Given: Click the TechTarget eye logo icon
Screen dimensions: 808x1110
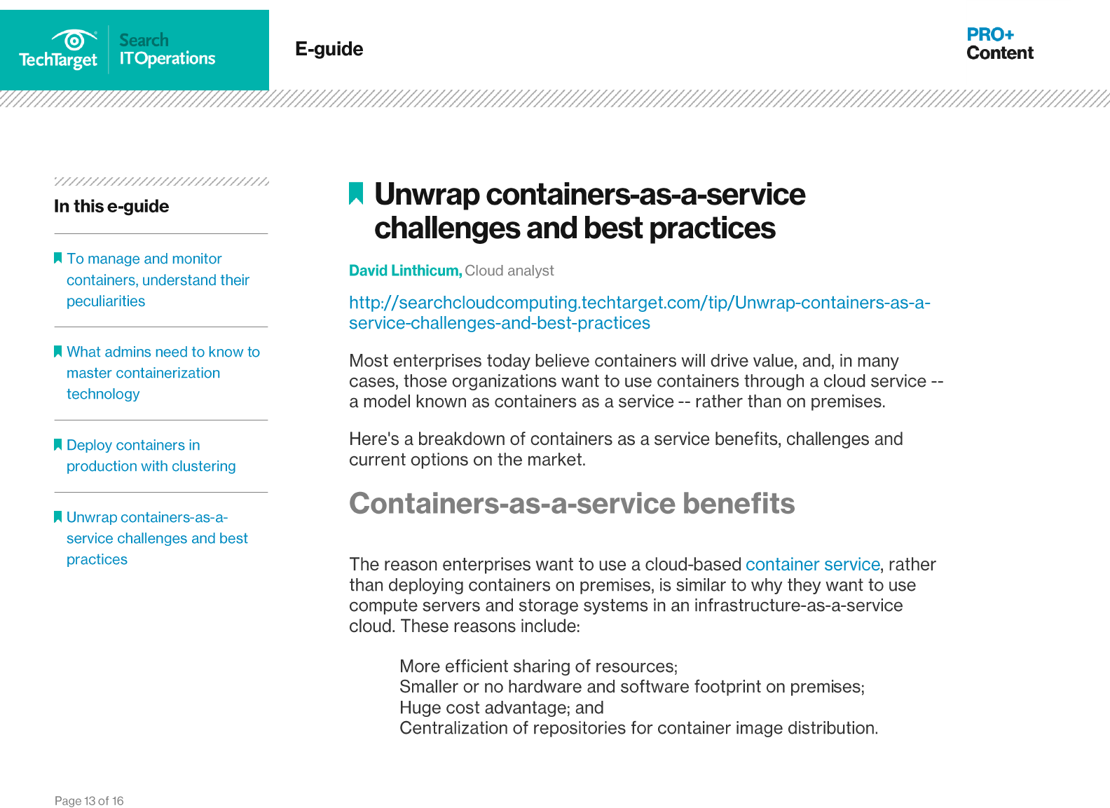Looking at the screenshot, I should (x=74, y=40).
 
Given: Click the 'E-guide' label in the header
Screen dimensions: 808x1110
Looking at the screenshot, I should (x=329, y=49).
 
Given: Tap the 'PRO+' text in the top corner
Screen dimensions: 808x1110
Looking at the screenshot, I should (x=989, y=34).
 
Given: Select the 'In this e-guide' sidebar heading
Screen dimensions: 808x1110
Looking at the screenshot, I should (x=111, y=206).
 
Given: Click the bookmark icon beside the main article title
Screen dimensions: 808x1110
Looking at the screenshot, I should (x=356, y=193).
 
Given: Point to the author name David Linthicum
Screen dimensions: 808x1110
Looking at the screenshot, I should (x=405, y=271).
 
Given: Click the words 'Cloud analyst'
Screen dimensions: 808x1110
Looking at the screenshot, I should (x=509, y=271).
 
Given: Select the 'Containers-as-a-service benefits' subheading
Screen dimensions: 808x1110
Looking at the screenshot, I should (x=572, y=503).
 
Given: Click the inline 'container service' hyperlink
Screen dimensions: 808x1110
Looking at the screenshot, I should (x=812, y=564).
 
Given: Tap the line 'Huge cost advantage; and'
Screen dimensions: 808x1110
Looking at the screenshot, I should (x=501, y=708).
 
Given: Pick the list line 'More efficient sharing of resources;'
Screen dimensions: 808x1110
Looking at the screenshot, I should (x=538, y=666).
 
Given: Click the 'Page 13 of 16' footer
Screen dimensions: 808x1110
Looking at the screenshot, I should (x=89, y=801).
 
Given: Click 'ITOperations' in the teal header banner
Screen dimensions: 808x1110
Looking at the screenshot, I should (x=167, y=59).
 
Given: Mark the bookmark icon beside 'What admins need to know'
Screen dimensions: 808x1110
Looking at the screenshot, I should (x=58, y=351).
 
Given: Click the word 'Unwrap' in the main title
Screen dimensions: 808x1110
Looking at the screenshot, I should (x=427, y=194).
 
